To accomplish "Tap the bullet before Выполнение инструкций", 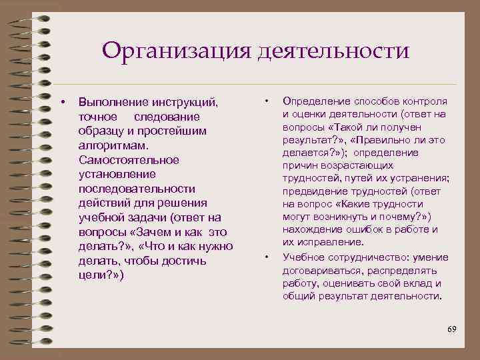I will click(62, 102).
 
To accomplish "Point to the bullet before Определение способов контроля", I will click(267, 101).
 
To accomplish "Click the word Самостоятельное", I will click(129, 159).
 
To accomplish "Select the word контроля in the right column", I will click(424, 101).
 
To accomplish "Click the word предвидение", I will click(313, 191).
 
